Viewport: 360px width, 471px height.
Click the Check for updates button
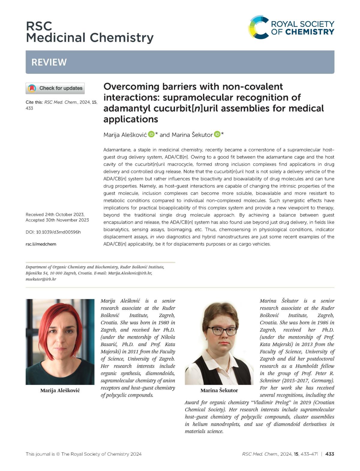click(55, 88)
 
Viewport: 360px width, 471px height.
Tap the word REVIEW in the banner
click(49, 62)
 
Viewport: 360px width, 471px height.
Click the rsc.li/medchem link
click(41, 244)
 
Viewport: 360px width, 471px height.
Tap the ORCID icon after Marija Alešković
click(151, 134)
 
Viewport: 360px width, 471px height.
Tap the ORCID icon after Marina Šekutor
click(217, 134)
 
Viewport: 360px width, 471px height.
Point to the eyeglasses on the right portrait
click(222, 331)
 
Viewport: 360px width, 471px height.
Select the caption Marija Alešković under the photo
click(60, 390)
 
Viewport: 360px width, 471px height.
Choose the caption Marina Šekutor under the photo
click(219, 390)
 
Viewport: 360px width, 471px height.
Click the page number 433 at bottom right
click(329, 454)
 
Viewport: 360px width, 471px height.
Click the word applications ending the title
click(131, 119)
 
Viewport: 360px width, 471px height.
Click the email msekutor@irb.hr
click(41, 279)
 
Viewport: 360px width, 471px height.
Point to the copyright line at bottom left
click(83, 454)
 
